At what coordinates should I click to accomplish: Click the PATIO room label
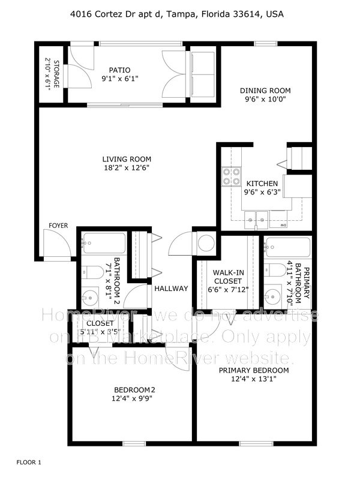[x=119, y=70]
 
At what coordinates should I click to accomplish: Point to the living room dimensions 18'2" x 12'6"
[x=125, y=168]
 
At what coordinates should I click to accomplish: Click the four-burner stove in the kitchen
[x=229, y=176]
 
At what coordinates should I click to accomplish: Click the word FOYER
[x=58, y=226]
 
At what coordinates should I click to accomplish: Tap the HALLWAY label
[x=171, y=289]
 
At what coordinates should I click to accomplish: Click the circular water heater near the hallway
[x=206, y=244]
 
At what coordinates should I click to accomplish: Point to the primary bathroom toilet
[x=275, y=269]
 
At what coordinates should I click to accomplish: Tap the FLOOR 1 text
[x=29, y=463]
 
